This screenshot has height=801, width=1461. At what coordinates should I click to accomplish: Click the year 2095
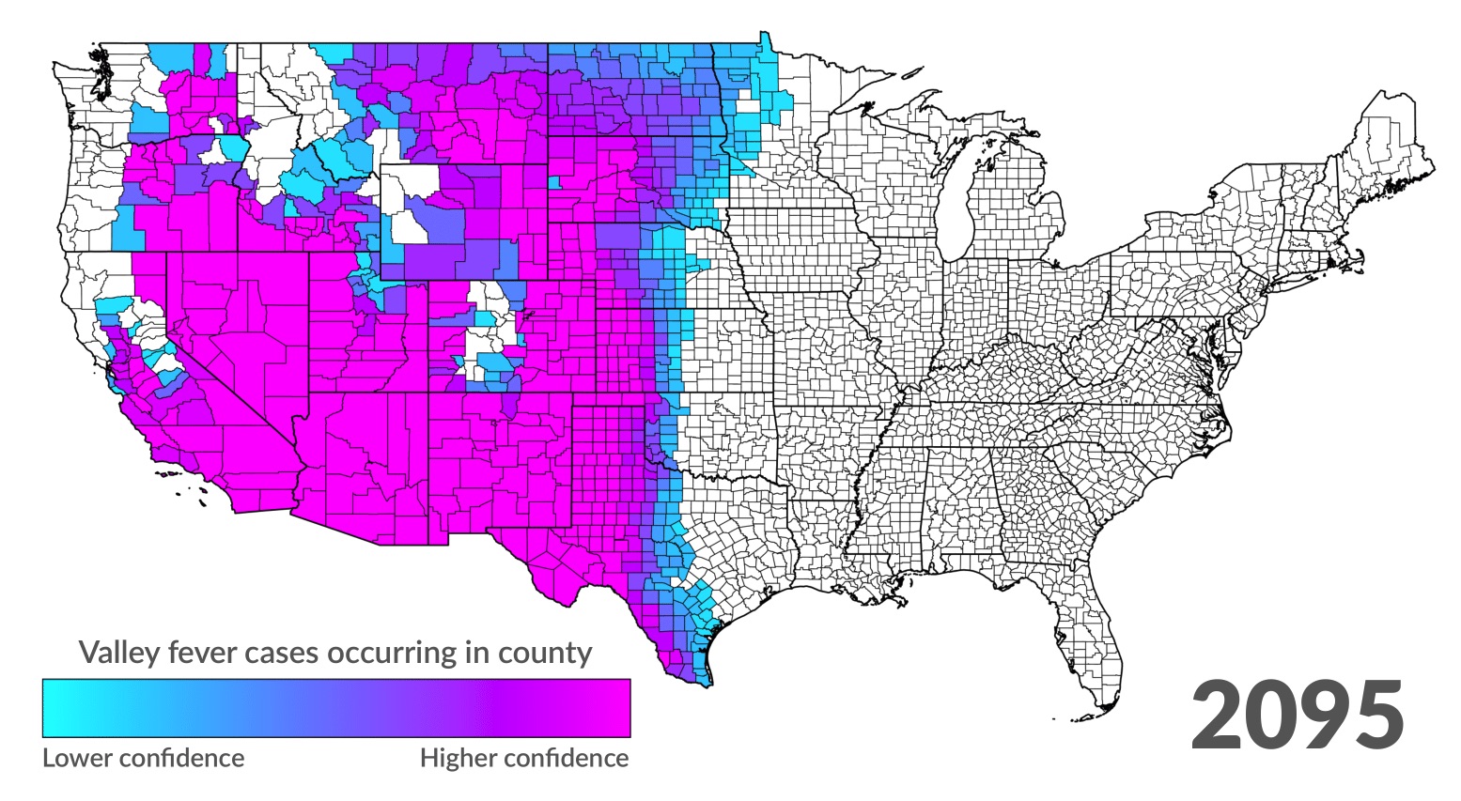[x=1298, y=716]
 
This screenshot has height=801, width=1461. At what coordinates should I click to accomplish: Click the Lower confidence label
[x=143, y=758]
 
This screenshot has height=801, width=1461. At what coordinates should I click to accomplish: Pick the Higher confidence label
[x=524, y=758]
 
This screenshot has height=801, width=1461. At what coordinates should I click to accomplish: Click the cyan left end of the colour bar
[x=56, y=708]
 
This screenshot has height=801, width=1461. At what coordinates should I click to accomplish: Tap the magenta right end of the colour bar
[x=615, y=708]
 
